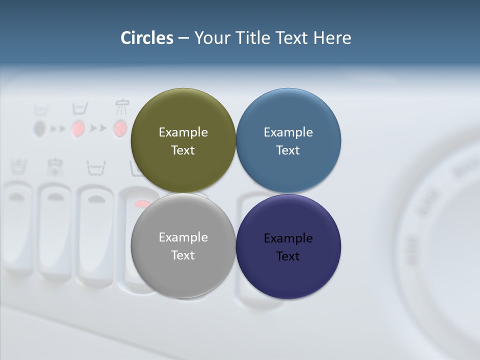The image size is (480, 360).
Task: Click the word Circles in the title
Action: pos(147,38)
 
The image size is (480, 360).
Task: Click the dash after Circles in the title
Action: pos(183,38)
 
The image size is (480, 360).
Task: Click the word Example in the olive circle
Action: pos(183,132)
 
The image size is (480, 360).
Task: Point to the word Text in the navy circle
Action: pos(288,256)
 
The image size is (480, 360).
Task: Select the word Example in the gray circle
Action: pos(183,237)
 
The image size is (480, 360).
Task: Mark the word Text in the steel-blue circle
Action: pos(288,150)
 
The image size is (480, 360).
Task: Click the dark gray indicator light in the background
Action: pos(39,129)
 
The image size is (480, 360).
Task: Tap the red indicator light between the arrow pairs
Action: pos(77,129)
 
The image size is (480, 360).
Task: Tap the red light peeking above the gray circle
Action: pos(143,203)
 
